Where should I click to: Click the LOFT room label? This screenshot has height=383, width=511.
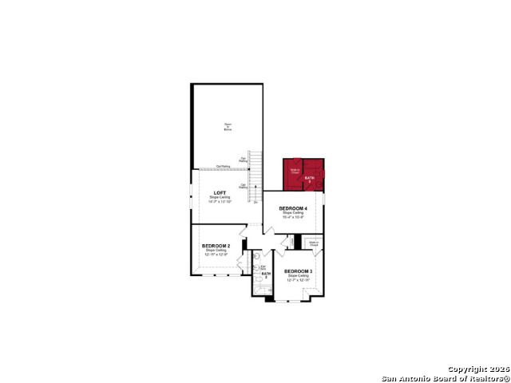219,192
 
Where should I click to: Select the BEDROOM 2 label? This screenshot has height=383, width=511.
216,245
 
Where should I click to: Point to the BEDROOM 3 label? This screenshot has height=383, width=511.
299,271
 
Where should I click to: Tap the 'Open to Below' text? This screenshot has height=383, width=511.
228,125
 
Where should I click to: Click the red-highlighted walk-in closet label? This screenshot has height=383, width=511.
295,171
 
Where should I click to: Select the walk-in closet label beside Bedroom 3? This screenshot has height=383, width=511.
314,243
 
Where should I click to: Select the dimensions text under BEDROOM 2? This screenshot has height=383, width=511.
216,255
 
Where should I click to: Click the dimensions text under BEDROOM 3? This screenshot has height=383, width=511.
299,280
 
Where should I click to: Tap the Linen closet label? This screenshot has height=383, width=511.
293,240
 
